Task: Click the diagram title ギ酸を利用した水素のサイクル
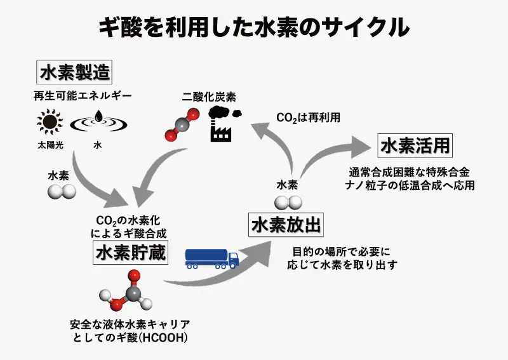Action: click(254, 27)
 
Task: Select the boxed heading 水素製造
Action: click(75, 72)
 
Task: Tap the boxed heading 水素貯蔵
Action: click(130, 253)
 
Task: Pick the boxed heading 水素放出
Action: click(286, 225)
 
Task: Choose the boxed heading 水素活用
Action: click(415, 146)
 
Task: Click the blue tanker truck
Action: click(211, 257)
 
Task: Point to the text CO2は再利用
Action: click(308, 117)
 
